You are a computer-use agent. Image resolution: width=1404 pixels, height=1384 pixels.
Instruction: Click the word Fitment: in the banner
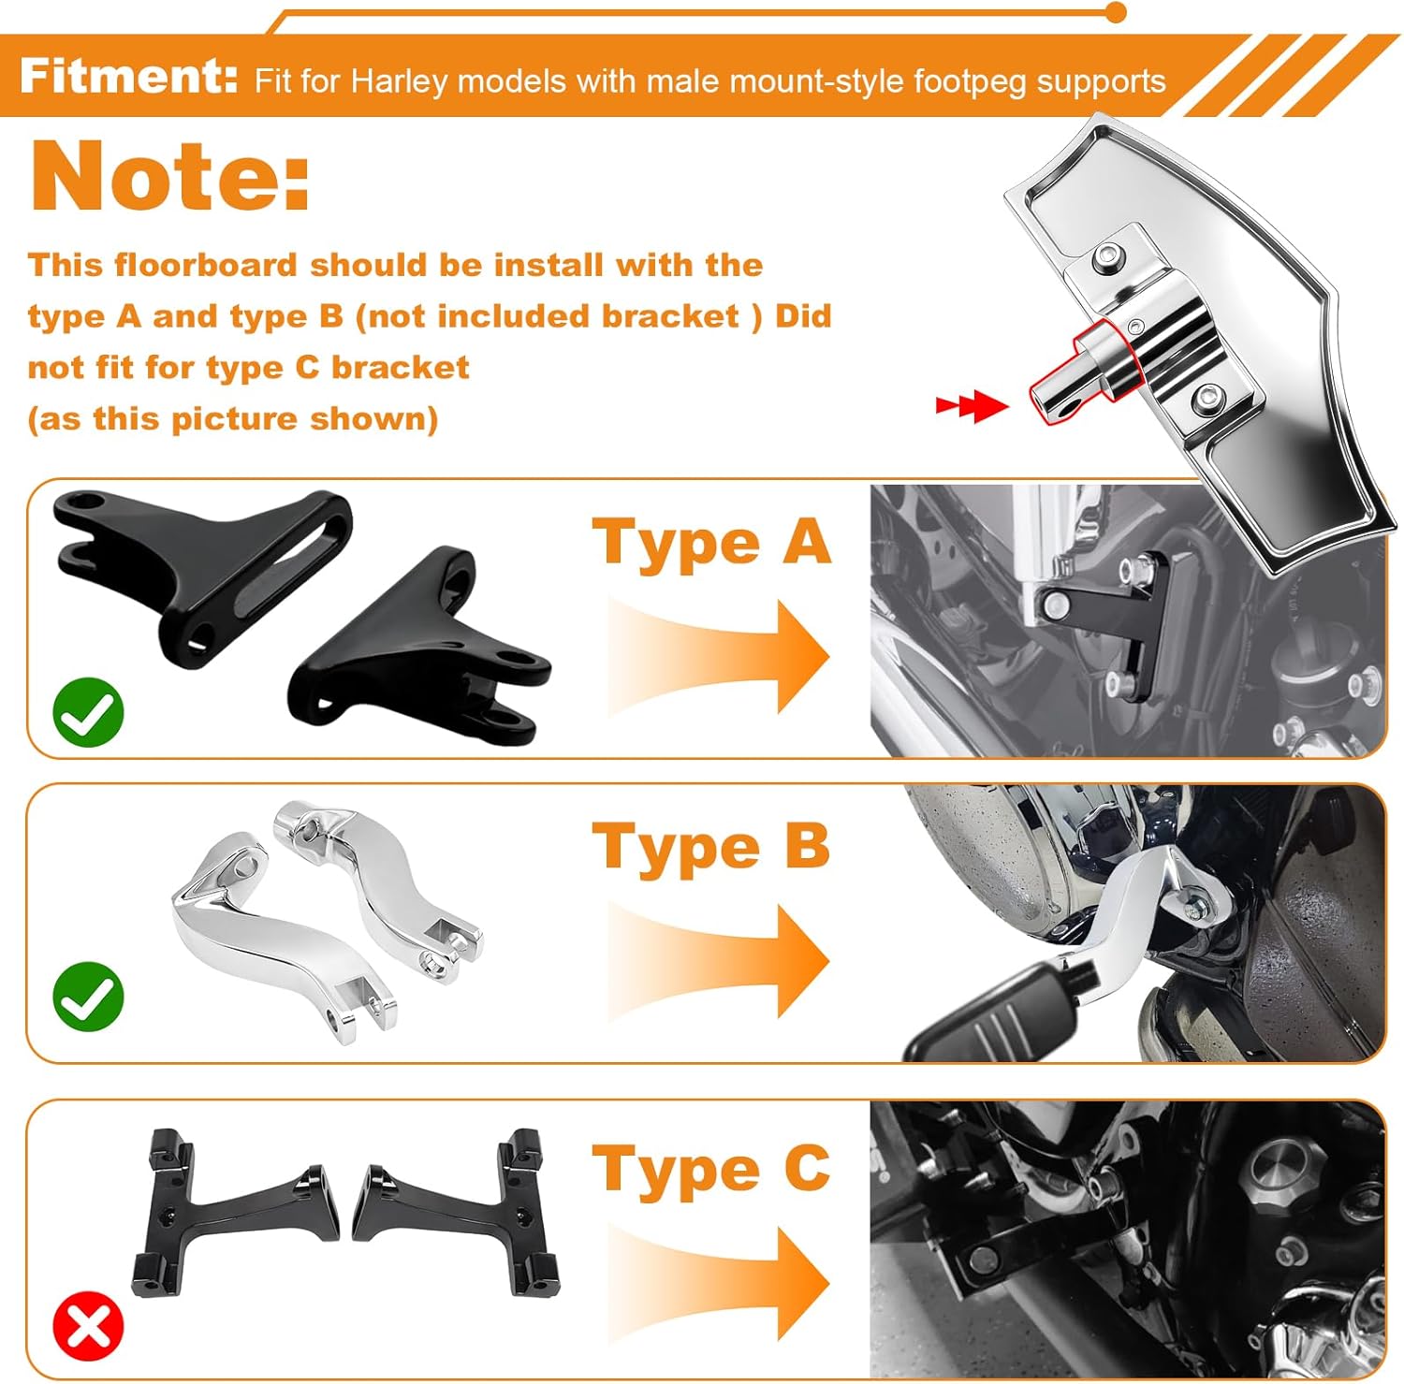[129, 76]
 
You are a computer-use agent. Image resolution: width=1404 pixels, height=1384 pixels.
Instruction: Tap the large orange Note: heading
[170, 177]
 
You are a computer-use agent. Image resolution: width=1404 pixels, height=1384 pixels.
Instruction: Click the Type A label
[711, 543]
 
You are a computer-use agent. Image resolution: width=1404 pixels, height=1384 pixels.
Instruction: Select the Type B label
[711, 847]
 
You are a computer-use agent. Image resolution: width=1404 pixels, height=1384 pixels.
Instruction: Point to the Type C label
[711, 1170]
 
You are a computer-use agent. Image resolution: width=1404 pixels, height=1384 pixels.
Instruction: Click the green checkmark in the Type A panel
[88, 713]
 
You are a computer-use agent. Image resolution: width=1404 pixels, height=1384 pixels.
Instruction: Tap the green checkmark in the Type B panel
[88, 996]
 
